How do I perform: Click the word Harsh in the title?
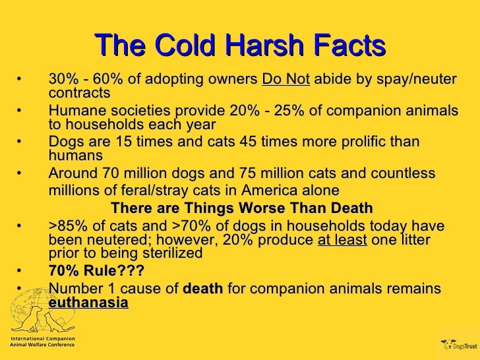tap(256, 45)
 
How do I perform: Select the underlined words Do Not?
tap(285, 79)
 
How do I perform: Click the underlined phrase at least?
tap(342, 240)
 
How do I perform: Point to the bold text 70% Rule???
tap(96, 271)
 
